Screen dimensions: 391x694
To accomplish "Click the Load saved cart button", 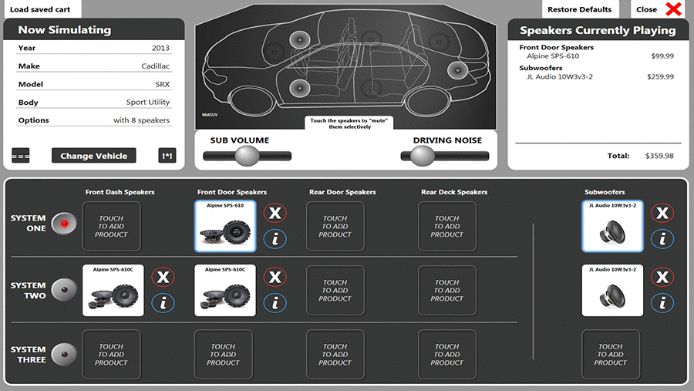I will tap(40, 9).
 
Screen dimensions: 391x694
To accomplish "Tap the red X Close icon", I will tap(673, 9).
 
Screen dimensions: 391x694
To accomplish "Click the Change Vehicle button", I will tap(93, 155).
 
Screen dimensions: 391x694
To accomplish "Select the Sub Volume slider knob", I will tap(247, 156).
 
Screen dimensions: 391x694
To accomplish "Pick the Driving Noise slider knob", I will tap(422, 156).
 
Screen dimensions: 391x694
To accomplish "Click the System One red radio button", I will tap(65, 224).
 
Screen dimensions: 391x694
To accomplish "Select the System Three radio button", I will tap(65, 354).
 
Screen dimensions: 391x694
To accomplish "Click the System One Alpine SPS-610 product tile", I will tap(224, 227).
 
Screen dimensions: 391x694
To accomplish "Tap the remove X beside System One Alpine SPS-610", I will tap(275, 213).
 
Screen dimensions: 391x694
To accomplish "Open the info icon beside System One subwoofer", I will tap(662, 239).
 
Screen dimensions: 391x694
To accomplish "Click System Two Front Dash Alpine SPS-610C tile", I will tap(113, 291).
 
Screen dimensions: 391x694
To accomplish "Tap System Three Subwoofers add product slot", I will tap(610, 355).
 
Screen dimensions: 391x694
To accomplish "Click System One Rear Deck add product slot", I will tap(447, 227).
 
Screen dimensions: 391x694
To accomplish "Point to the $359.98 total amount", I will tap(659, 156).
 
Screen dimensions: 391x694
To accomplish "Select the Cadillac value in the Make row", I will tap(155, 66).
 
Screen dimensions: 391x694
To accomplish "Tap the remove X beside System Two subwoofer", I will tap(662, 277).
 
